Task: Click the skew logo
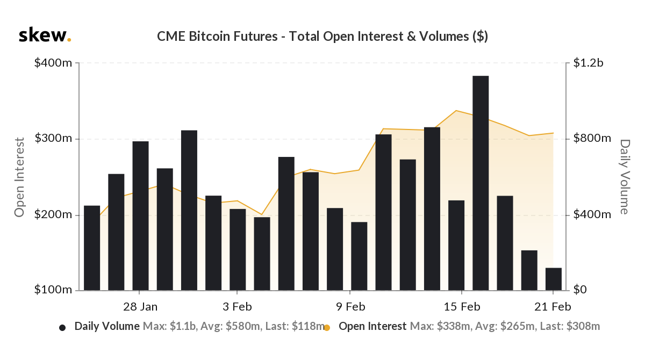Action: [45, 35]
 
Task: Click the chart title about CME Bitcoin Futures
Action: [322, 37]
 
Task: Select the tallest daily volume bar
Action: [481, 183]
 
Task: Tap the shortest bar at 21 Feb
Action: [554, 279]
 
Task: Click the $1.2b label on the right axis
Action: [588, 63]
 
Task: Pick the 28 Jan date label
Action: [140, 307]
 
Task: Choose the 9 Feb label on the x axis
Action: [350, 307]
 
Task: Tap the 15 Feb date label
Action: [462, 307]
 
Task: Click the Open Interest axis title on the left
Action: [19, 177]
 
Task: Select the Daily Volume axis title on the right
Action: [625, 177]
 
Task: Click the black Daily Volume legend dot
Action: [62, 327]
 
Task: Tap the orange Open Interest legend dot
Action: [327, 327]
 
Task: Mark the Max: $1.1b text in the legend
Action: [170, 326]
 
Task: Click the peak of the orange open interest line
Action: [456, 111]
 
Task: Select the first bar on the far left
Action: [92, 248]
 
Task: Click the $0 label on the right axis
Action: [580, 290]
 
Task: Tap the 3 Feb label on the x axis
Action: [237, 307]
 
